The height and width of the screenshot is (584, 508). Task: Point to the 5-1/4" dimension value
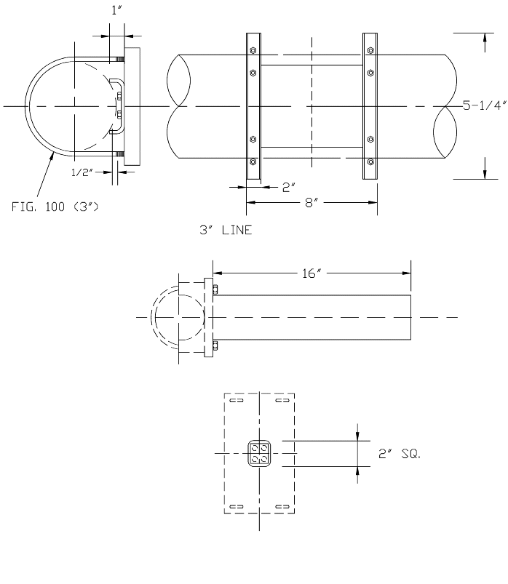pos(484,105)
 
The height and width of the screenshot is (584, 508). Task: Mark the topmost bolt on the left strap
pos(253,51)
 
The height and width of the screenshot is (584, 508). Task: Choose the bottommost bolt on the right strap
pos(370,161)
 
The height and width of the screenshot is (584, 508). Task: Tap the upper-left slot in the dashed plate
pos(236,401)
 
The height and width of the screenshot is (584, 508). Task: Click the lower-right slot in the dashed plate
pos(282,506)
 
